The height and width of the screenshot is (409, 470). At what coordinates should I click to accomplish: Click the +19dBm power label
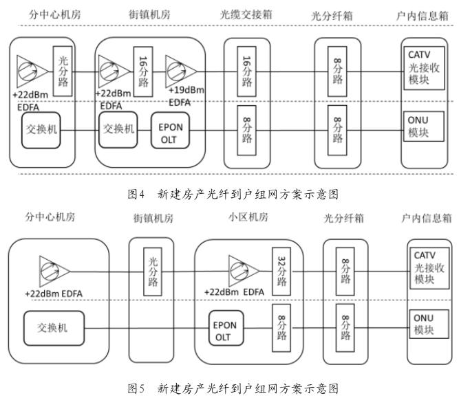tap(186, 90)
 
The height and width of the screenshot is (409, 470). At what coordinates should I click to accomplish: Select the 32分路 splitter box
tap(281, 272)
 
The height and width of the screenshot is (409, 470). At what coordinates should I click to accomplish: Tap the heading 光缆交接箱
tap(246, 14)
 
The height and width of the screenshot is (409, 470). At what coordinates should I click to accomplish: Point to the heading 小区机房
tap(248, 217)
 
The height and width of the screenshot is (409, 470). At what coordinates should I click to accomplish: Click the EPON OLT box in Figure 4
tap(170, 130)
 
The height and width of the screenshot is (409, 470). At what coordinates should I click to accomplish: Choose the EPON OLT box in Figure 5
tap(226, 328)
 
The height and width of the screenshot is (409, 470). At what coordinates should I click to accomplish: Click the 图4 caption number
tap(136, 194)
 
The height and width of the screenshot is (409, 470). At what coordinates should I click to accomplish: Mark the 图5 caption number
tap(136, 388)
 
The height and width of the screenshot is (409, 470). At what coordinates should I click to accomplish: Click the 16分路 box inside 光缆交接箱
tap(246, 71)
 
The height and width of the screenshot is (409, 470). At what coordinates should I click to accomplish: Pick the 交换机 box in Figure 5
tap(54, 328)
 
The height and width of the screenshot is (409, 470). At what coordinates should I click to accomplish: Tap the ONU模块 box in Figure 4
tap(424, 126)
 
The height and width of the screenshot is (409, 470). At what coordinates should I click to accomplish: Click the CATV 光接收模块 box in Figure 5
tap(429, 268)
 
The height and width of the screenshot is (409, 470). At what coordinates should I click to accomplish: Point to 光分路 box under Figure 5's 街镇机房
tap(153, 272)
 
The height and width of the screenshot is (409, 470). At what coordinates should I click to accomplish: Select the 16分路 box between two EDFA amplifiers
tap(143, 71)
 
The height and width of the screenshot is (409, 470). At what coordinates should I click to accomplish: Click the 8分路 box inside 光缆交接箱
tap(246, 130)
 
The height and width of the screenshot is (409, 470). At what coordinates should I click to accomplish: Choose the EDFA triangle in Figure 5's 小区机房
tap(244, 272)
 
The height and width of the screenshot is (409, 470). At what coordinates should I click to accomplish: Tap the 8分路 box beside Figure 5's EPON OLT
tap(281, 328)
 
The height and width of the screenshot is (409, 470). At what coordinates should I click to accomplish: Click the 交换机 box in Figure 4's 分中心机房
tap(41, 130)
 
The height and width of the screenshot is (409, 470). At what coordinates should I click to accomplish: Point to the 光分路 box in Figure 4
tap(63, 71)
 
